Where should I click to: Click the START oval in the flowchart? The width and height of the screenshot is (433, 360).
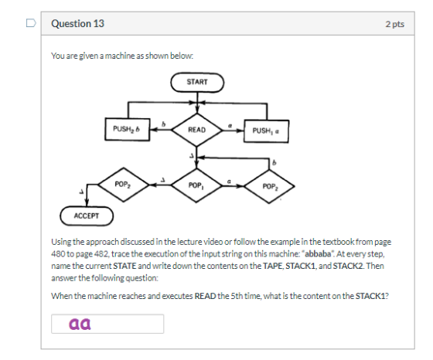(197, 82)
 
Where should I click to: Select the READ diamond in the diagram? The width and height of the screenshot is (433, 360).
(196, 130)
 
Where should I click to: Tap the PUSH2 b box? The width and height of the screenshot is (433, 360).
(128, 129)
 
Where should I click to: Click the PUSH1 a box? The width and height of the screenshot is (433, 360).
(266, 131)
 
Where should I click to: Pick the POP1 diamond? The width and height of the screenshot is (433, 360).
(196, 185)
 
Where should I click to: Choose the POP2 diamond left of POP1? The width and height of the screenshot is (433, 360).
(124, 185)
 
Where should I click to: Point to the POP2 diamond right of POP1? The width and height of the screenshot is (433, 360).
(270, 186)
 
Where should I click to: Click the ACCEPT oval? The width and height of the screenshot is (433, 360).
(87, 216)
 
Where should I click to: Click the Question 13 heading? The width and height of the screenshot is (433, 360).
(77, 24)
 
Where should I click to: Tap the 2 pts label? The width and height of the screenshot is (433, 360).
(395, 24)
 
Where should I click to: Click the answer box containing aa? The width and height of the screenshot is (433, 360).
(107, 324)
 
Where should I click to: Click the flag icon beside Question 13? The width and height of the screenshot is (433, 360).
(31, 23)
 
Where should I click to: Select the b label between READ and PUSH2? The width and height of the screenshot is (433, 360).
(163, 124)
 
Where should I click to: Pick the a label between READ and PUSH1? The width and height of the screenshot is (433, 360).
(230, 125)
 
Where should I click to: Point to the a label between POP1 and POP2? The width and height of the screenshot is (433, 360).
(229, 182)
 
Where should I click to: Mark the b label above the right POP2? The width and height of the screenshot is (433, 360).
(274, 163)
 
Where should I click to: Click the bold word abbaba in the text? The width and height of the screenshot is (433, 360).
(318, 254)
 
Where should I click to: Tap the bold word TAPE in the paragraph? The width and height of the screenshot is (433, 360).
(272, 266)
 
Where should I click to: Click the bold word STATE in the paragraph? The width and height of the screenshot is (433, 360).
(124, 266)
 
